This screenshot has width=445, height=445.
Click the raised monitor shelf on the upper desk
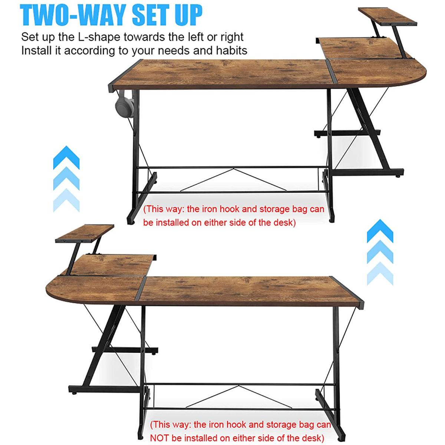(387, 17)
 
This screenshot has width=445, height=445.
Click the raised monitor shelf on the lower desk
(85, 234)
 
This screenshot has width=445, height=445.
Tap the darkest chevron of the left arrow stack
(66, 157)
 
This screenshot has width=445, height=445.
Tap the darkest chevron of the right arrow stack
(380, 231)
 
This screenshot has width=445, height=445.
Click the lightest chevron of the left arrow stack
(66, 200)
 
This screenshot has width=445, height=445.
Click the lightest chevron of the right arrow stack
(380, 273)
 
